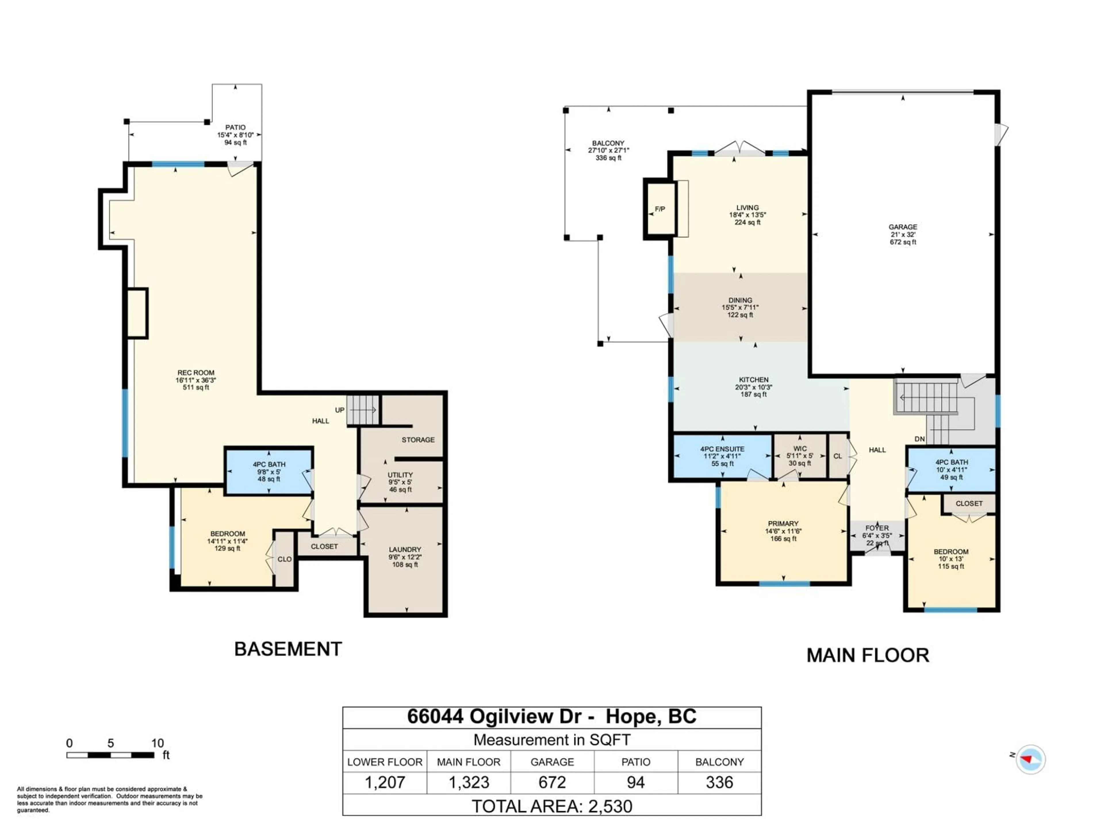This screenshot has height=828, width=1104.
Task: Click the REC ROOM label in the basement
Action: click(x=196, y=373)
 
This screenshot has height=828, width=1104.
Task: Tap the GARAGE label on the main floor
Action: click(x=902, y=227)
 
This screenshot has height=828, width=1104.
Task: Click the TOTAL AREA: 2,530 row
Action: click(x=552, y=806)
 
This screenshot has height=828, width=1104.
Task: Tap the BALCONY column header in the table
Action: click(x=719, y=762)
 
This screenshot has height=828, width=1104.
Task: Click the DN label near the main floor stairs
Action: click(x=919, y=439)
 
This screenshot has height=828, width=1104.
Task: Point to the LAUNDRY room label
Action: click(x=405, y=549)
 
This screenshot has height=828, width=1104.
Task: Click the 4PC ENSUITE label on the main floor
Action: click(x=722, y=449)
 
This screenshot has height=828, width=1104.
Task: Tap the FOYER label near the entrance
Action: click(x=877, y=528)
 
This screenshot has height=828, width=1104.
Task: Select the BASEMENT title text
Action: click(x=288, y=649)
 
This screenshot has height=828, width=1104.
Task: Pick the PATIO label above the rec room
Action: click(x=235, y=128)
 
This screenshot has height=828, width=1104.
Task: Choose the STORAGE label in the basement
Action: click(x=418, y=440)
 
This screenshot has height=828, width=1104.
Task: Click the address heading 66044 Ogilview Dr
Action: click(x=501, y=717)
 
